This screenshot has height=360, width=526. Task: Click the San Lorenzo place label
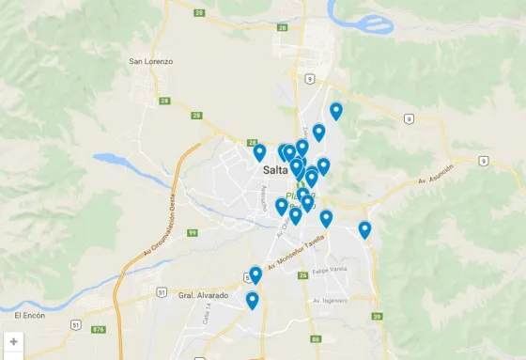coord(151,61)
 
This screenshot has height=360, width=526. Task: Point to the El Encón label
coord(31,315)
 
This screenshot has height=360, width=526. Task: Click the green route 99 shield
coord(192,232)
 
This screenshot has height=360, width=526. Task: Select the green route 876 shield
coord(99,329)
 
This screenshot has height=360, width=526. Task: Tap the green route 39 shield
coord(377,317)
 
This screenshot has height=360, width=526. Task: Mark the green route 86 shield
coord(316,338)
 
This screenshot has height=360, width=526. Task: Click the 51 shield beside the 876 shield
coord(74,324)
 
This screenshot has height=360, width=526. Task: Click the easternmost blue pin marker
coord(364,228)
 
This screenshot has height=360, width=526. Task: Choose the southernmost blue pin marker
coord(252,299)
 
